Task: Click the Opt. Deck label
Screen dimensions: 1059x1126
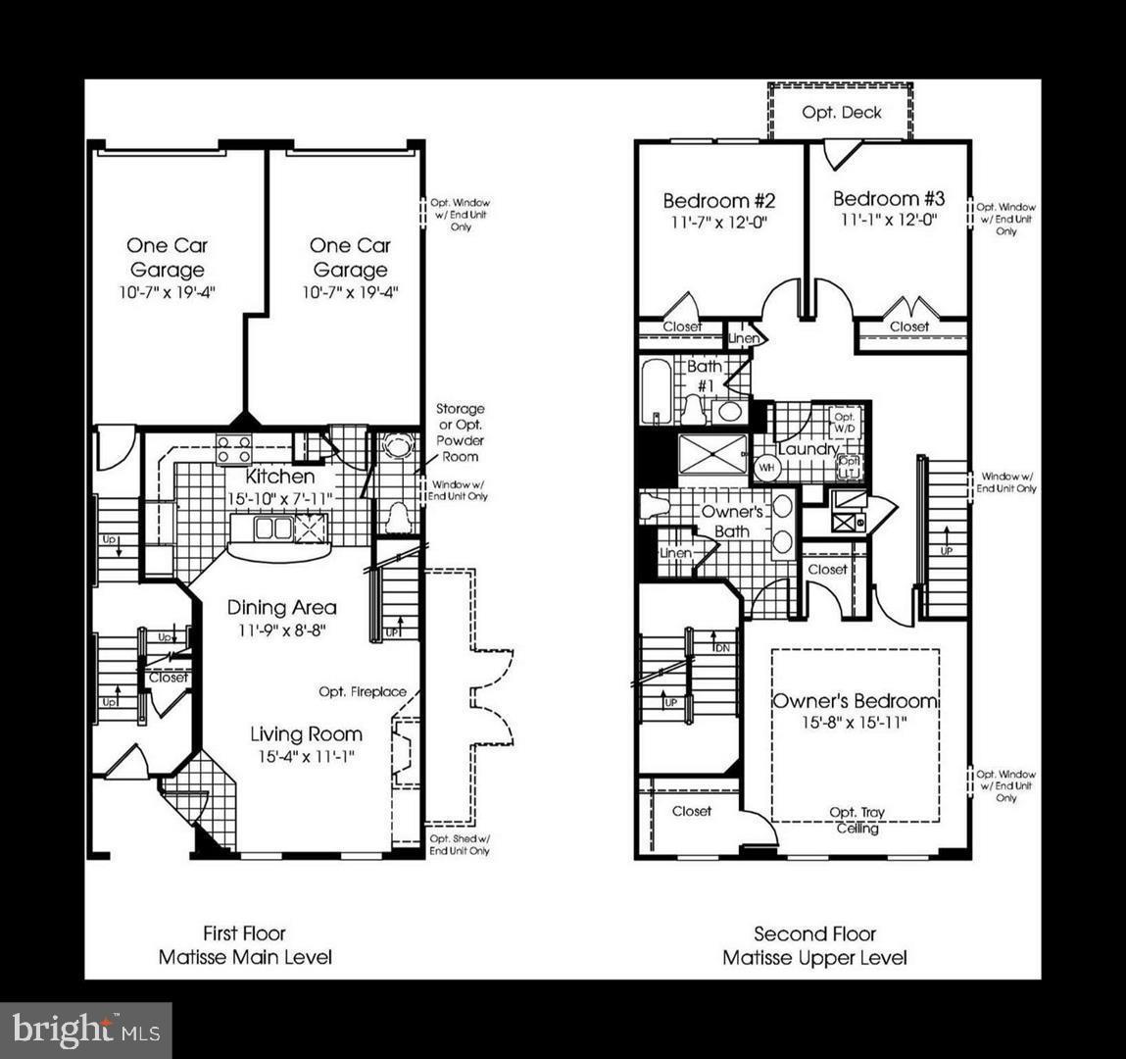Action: tap(841, 112)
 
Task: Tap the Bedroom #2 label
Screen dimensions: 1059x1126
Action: tap(718, 201)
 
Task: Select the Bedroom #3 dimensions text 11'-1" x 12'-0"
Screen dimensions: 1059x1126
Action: tap(888, 221)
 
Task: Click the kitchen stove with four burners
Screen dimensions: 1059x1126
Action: tap(233, 448)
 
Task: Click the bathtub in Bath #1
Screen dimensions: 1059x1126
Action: tap(657, 391)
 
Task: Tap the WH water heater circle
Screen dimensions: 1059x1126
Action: tap(765, 467)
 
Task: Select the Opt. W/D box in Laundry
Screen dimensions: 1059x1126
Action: tap(845, 423)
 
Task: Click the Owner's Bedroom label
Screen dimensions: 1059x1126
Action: tap(855, 701)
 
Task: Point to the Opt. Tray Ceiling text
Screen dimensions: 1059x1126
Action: tap(857, 821)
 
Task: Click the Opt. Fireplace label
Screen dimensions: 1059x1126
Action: tap(362, 692)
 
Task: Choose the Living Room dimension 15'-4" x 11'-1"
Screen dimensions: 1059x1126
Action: tap(305, 756)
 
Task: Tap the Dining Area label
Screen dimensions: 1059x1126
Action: tap(281, 607)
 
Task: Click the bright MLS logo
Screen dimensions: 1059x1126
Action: tap(86, 1030)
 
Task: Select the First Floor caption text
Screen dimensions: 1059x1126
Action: tap(244, 933)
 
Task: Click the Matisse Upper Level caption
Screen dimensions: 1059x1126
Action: tap(814, 958)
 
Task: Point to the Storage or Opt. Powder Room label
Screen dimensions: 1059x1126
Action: tap(460, 432)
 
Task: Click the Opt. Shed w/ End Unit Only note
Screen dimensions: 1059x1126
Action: tap(460, 844)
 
